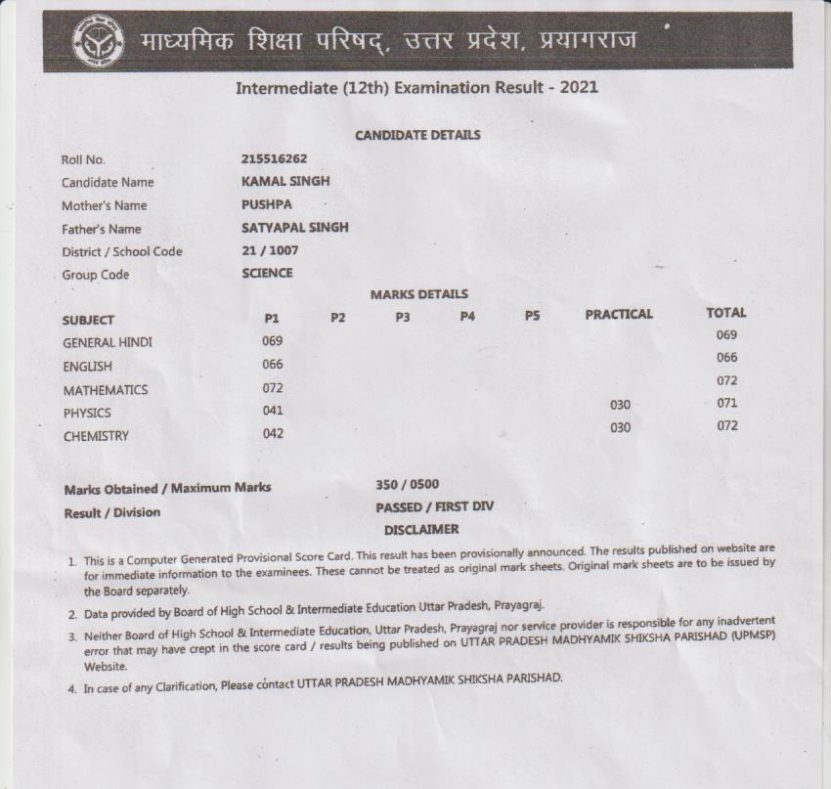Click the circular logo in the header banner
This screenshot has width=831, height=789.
tap(98, 44)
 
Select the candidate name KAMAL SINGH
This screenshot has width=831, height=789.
tap(285, 181)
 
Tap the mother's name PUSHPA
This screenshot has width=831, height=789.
tap(267, 204)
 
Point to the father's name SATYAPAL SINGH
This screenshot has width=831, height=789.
tap(294, 228)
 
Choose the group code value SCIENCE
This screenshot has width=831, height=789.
tap(267, 274)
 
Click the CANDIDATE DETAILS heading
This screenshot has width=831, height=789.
tap(417, 135)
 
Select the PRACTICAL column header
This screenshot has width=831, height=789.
tap(618, 314)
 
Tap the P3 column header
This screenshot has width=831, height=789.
tap(403, 317)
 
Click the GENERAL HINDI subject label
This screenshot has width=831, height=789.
tap(107, 342)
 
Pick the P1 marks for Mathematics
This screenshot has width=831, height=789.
tap(273, 388)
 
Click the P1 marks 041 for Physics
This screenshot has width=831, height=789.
tap(273, 411)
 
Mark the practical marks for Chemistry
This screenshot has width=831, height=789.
tap(620, 427)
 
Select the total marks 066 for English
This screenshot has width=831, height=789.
tap(726, 358)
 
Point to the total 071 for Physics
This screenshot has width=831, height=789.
tap(726, 403)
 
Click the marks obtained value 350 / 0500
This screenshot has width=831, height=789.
tap(407, 484)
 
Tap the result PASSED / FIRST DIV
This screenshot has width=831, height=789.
tap(434, 506)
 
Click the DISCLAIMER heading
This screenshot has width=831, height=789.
tap(420, 529)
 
